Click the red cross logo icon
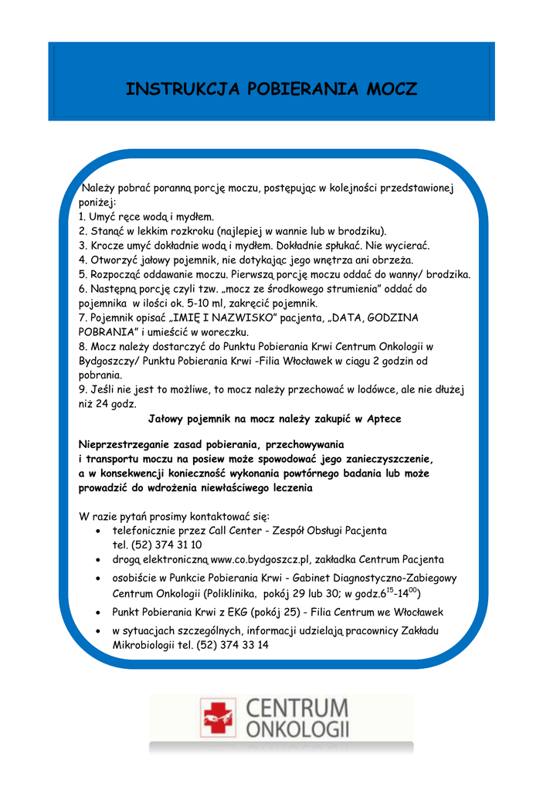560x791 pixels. pos(218,716)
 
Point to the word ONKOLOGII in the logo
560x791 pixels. pos(297,728)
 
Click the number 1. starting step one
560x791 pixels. pos(83,216)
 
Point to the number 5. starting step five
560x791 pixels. pos(83,274)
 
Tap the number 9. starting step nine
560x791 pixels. pos(83,389)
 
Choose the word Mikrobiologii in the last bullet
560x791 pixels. pos(142,645)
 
